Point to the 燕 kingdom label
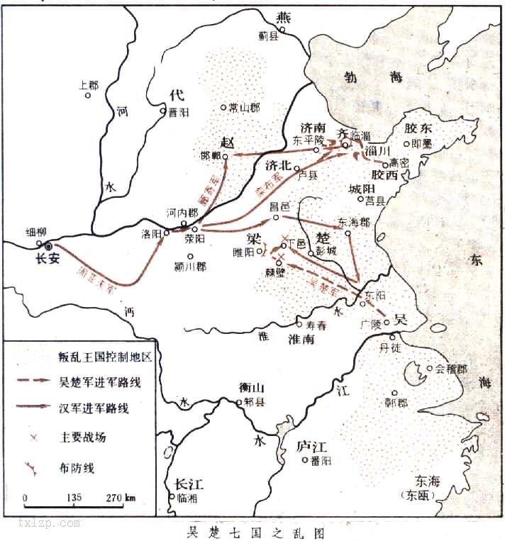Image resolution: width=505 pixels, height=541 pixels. [283, 18]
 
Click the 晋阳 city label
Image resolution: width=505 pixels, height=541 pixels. [177, 111]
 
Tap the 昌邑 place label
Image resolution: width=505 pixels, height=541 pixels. [282, 206]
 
